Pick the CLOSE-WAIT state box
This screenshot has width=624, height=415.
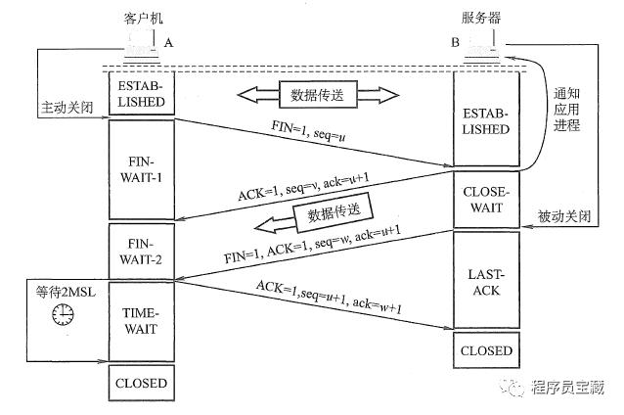pos(485,200)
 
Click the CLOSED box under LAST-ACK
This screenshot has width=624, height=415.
pos(485,350)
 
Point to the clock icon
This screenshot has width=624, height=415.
pos(64,313)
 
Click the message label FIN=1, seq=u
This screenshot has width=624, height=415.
pos(308,132)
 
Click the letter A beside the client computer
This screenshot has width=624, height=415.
pos(170,43)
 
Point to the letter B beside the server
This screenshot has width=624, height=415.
pos(455,43)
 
